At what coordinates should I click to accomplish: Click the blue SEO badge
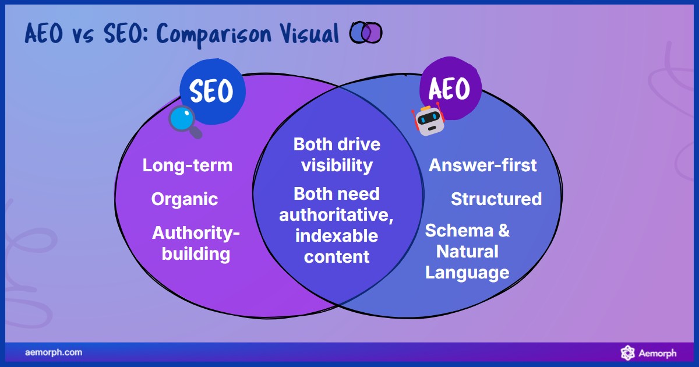click(x=212, y=91)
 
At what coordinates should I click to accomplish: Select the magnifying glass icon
click(x=185, y=121)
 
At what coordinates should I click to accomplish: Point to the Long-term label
click(x=188, y=165)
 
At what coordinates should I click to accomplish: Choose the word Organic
click(x=185, y=199)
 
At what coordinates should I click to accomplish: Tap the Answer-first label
click(x=483, y=165)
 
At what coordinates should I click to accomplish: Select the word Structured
click(x=496, y=199)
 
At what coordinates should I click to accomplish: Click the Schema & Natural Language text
click(x=467, y=251)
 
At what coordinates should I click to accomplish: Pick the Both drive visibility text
click(x=337, y=154)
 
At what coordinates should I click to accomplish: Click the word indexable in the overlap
click(x=337, y=236)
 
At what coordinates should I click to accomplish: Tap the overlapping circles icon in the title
click(x=366, y=33)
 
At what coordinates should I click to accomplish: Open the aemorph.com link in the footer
click(x=54, y=352)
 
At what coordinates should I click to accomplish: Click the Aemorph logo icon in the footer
click(x=627, y=352)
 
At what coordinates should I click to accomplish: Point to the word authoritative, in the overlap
click(x=337, y=215)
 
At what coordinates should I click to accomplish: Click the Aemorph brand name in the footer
click(x=658, y=353)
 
